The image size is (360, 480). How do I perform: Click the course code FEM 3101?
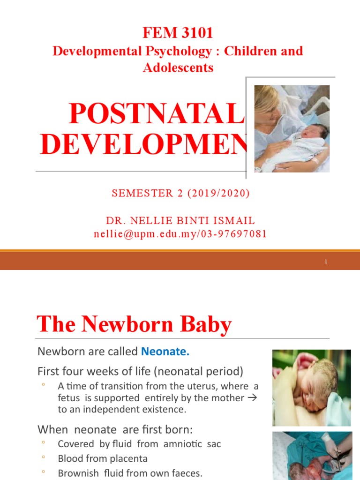pos(178,33)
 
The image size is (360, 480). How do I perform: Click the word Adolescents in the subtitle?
pos(178,67)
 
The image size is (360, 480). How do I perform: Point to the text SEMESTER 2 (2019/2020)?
pos(180,194)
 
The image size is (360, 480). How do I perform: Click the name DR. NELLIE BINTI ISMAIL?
pos(180,221)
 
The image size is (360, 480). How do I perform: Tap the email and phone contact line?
pos(180,234)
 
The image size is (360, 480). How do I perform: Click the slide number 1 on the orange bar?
pos(326,262)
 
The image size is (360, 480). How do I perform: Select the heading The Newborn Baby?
pos(134,324)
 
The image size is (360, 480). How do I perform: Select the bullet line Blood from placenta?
pos(102,458)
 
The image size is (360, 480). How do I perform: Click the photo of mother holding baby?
pos(292,128)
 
